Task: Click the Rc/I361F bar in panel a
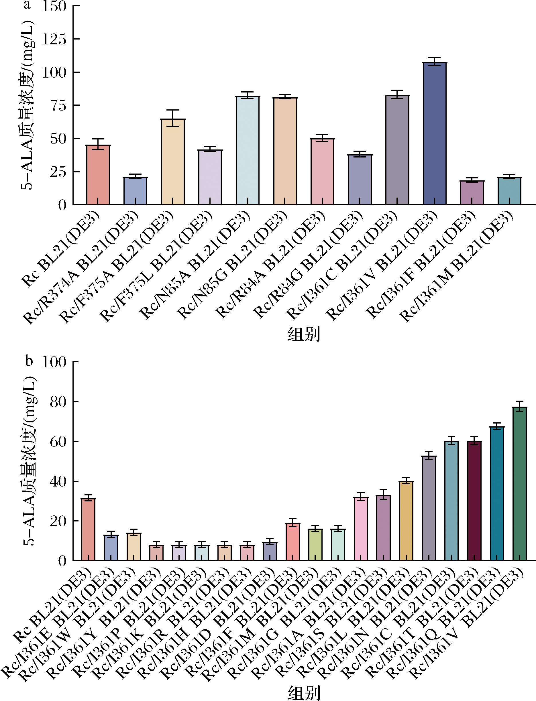pyautogui.click(x=472, y=193)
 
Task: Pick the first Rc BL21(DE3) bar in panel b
pyautogui.click(x=88, y=529)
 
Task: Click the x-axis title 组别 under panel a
pyautogui.click(x=303, y=335)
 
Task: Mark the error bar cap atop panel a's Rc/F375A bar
pyautogui.click(x=173, y=110)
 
